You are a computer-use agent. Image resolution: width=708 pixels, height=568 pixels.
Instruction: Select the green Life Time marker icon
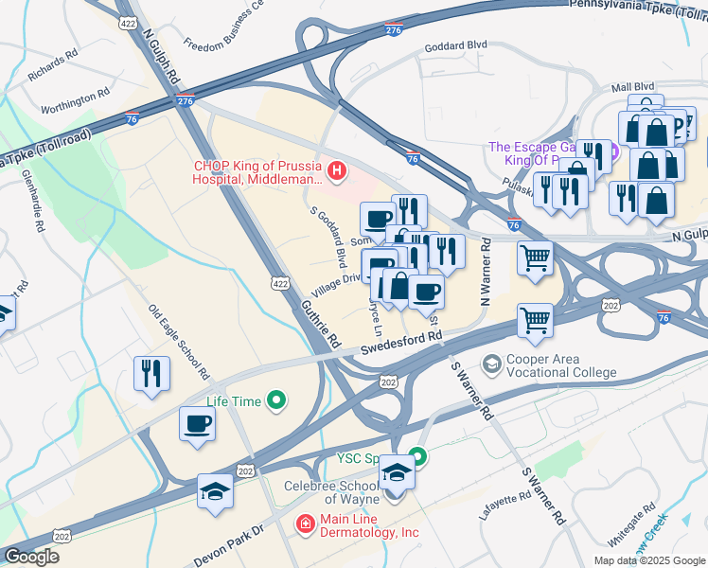tap(276, 401)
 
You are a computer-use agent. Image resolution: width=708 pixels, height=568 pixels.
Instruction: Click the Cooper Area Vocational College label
tap(562, 364)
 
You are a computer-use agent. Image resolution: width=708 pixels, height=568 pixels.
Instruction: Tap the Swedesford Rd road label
tap(400, 343)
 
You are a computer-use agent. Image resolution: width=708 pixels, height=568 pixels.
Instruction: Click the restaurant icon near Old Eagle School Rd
tap(150, 374)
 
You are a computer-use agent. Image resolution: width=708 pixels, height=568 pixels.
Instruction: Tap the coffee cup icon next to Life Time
tap(197, 424)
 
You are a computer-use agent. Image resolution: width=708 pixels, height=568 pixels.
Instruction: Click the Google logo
tap(31, 557)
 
